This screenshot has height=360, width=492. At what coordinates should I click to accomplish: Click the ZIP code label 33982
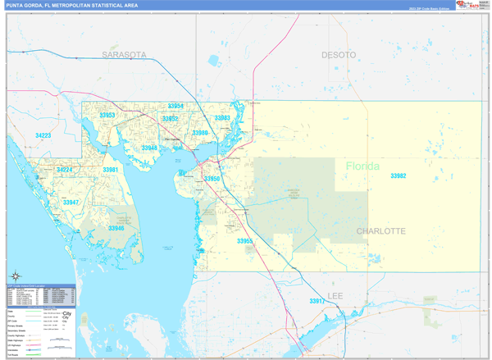[x=399, y=176]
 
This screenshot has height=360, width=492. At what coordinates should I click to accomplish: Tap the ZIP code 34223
[x=43, y=135]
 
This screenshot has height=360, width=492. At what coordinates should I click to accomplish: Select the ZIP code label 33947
[x=71, y=202]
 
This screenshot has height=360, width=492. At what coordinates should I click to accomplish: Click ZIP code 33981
[x=111, y=170]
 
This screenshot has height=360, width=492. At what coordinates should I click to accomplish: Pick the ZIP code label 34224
[x=65, y=170]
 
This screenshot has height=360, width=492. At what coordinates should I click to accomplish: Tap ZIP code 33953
[x=107, y=116]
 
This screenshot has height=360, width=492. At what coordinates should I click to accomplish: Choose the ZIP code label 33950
[x=212, y=178]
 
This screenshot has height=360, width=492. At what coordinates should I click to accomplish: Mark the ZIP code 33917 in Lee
[x=317, y=302]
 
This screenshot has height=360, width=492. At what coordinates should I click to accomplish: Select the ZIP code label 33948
[x=148, y=148]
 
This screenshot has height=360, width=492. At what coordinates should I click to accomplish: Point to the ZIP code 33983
[x=221, y=118]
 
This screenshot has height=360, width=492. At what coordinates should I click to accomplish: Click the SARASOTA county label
[x=124, y=54]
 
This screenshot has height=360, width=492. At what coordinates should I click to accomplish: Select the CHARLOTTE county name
[x=380, y=231]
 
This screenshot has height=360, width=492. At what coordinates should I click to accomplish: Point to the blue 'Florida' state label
[x=362, y=166]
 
